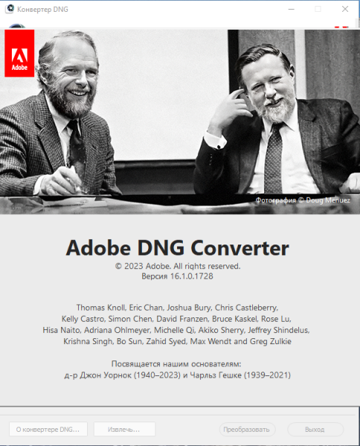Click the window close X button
345,9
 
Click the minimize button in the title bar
291,9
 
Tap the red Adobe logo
19,54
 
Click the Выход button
315,429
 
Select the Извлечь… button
124,429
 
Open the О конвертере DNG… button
48,429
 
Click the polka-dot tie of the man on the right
273,159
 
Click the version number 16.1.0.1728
191,277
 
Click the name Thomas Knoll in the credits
100,308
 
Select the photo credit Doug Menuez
328,200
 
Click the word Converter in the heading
240,248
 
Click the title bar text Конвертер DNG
42,10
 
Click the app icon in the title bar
10,9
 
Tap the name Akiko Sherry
221,330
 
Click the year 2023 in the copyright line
133,266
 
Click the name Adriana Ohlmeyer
117,330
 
